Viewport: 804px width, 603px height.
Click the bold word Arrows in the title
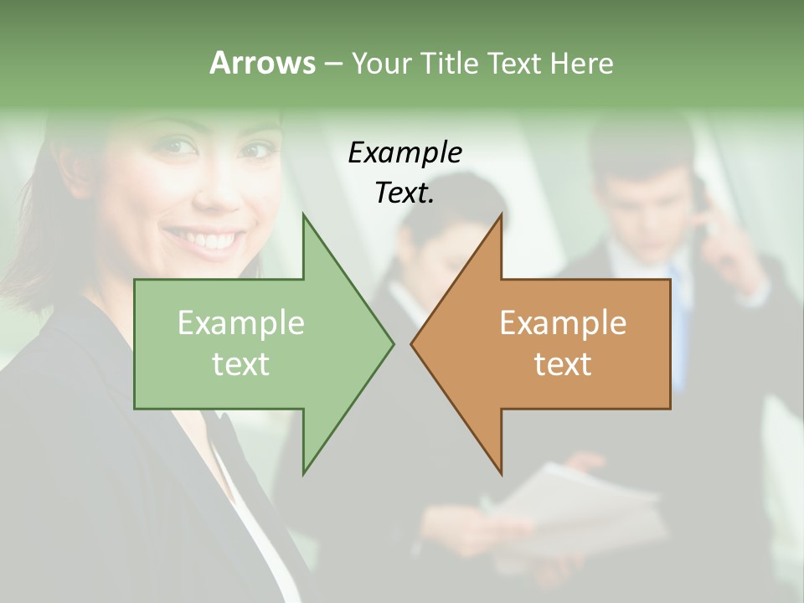point(262,63)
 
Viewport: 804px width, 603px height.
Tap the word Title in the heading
point(450,63)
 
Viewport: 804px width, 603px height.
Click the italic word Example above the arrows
point(405,152)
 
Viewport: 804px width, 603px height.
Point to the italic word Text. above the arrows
point(405,193)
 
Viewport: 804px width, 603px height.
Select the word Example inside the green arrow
point(241,323)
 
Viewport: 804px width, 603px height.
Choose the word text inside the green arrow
point(240,363)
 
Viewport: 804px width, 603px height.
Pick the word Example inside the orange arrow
point(563,323)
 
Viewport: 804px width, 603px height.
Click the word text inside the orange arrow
point(563,363)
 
